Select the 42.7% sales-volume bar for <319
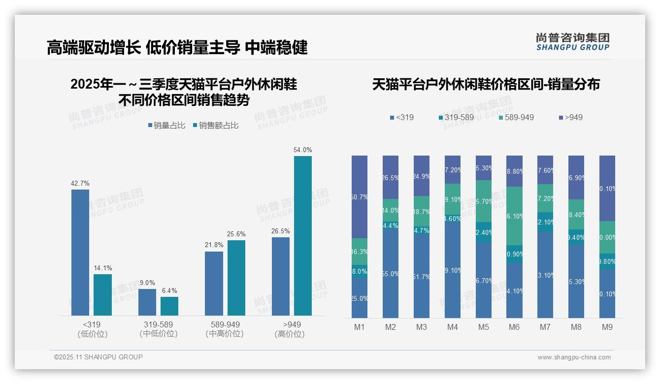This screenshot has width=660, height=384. pos(80,252)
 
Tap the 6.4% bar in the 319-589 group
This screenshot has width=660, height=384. pos(169,306)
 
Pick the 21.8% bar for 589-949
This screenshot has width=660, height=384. pos(214,283)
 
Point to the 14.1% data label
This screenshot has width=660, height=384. pos(103,268)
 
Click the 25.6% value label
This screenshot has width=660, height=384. pos(236,234)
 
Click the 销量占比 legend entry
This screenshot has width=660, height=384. pos(166,126)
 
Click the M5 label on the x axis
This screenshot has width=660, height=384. pos(483,327)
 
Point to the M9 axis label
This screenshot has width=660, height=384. pos(607,327)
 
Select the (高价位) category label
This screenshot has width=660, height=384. pos(290,334)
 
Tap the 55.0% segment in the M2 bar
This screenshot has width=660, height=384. pos(391,274)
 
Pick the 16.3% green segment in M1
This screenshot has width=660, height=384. pos(360,252)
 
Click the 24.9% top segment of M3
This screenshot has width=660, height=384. pos(422,176)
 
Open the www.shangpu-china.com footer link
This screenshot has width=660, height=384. pos(574,357)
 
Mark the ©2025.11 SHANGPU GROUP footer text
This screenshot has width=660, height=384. pos(99,357)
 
